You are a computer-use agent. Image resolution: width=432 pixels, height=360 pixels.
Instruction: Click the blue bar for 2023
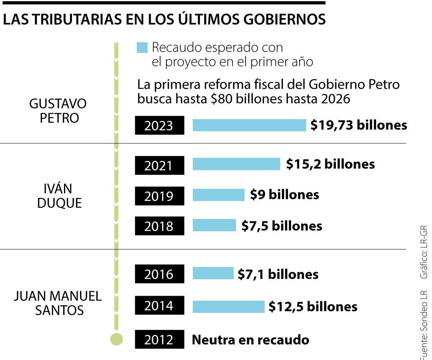(x=249, y=125)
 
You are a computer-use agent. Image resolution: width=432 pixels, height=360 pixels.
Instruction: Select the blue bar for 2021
(x=236, y=164)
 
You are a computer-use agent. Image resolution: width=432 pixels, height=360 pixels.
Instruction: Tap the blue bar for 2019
(x=218, y=195)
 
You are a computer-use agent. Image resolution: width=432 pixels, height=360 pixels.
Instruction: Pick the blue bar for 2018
(x=214, y=225)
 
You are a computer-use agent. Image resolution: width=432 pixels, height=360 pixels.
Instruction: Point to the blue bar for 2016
(x=213, y=274)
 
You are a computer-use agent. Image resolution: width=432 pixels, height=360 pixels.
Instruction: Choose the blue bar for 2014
(x=228, y=306)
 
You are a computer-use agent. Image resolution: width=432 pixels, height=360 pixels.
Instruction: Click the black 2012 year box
(x=159, y=340)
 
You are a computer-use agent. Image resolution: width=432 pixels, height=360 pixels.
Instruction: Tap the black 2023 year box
(x=159, y=126)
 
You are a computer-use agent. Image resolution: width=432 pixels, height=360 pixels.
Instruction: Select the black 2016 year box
(x=159, y=274)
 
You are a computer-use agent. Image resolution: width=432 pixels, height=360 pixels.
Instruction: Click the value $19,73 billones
(x=359, y=125)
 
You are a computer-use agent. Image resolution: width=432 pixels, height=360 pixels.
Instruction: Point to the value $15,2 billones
(x=330, y=164)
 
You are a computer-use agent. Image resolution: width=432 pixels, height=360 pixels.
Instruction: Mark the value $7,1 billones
(x=278, y=274)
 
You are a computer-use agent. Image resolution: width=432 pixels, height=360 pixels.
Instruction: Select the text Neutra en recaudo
(x=250, y=340)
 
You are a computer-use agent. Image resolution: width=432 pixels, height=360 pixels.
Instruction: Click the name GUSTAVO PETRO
(x=58, y=111)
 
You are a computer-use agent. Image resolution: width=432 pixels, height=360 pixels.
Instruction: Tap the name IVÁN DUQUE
(x=59, y=196)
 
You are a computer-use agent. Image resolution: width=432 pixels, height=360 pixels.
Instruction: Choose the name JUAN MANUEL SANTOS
(x=58, y=303)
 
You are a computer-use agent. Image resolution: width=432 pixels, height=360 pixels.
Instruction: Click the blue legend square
(x=142, y=48)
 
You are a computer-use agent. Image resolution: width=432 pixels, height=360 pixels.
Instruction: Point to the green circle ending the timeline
(x=116, y=339)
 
